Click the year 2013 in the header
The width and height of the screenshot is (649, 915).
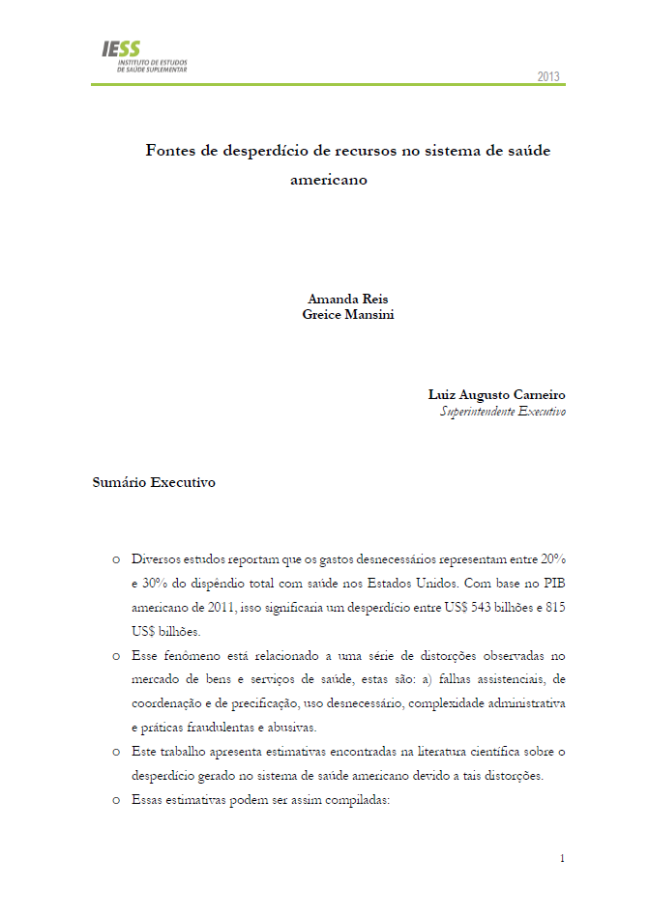tap(548, 77)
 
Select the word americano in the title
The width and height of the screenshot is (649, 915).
tap(330, 179)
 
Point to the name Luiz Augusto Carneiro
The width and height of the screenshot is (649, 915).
tap(497, 394)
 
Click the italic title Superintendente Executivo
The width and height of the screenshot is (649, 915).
tap(503, 411)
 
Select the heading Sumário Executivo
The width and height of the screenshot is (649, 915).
tap(154, 482)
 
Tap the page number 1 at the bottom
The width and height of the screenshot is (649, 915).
tap(562, 858)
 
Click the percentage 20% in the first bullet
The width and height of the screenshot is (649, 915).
tap(552, 559)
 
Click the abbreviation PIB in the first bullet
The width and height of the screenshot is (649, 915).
tap(553, 584)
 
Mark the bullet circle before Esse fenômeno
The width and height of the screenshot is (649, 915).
tap(115, 655)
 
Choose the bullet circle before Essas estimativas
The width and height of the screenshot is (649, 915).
tap(115, 799)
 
